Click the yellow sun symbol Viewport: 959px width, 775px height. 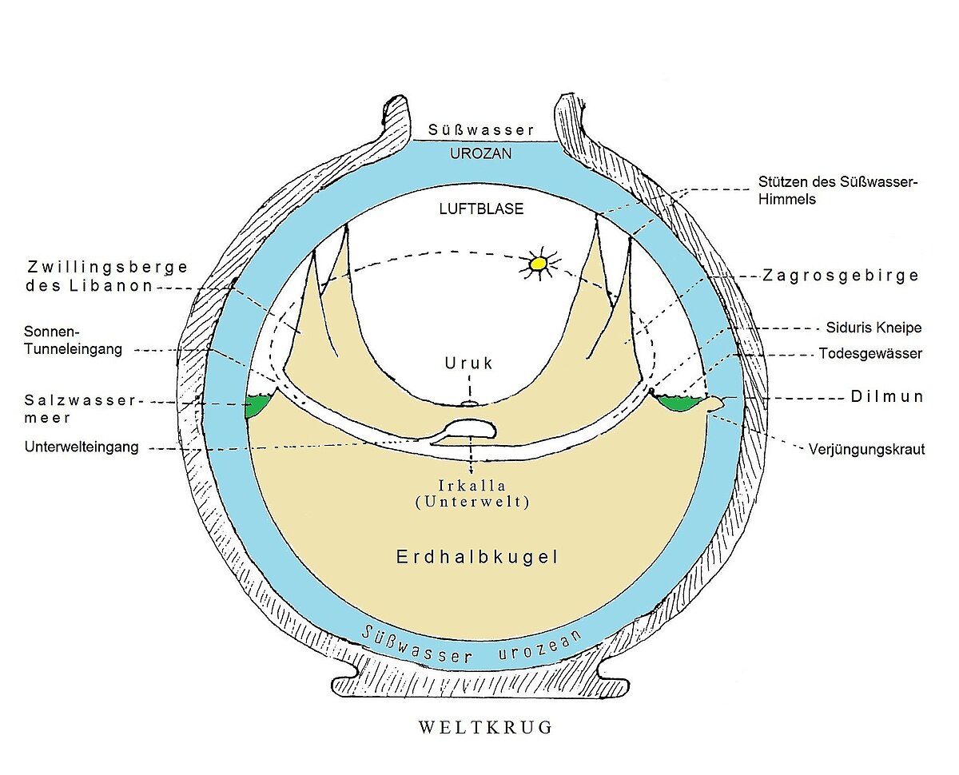539,262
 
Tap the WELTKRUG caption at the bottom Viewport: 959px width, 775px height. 485,728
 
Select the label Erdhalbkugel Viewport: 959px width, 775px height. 477,558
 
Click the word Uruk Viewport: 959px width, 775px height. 468,364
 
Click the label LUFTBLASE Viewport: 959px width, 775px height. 481,209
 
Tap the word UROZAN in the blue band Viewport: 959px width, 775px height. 481,153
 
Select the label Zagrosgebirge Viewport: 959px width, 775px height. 840,276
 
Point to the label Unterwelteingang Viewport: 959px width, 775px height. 82,447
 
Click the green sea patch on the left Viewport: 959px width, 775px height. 257,406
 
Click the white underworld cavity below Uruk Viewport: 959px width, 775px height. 472,430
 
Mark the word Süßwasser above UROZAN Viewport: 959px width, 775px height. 480,129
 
